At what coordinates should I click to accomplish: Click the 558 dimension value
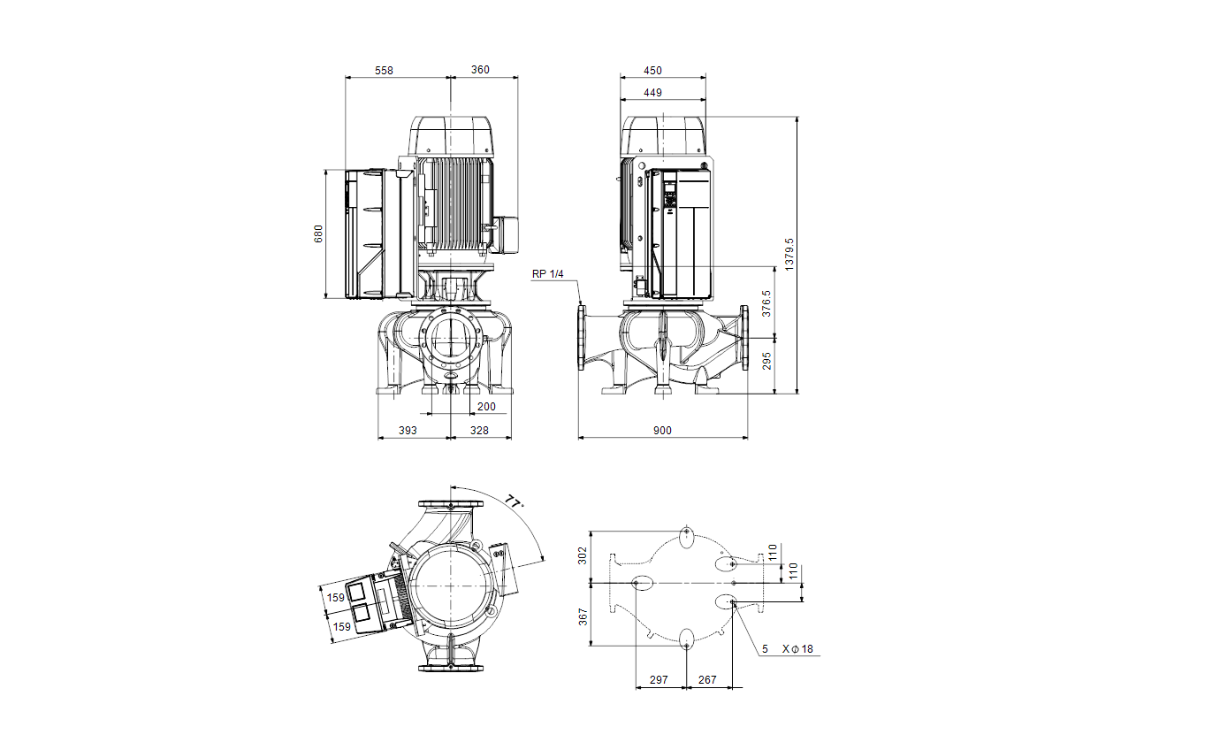pos(384,71)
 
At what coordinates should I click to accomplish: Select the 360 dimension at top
pos(480,70)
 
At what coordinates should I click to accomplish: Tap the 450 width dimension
pos(652,71)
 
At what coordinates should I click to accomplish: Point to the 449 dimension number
pos(652,93)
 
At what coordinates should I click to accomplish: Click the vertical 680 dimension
pos(318,233)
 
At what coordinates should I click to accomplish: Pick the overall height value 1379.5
pos(789,254)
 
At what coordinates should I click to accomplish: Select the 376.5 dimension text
pos(766,303)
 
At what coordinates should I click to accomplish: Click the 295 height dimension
pos(766,361)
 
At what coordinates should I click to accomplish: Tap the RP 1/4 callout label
pos(547,273)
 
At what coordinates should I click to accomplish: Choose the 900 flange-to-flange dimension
pos(662,431)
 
